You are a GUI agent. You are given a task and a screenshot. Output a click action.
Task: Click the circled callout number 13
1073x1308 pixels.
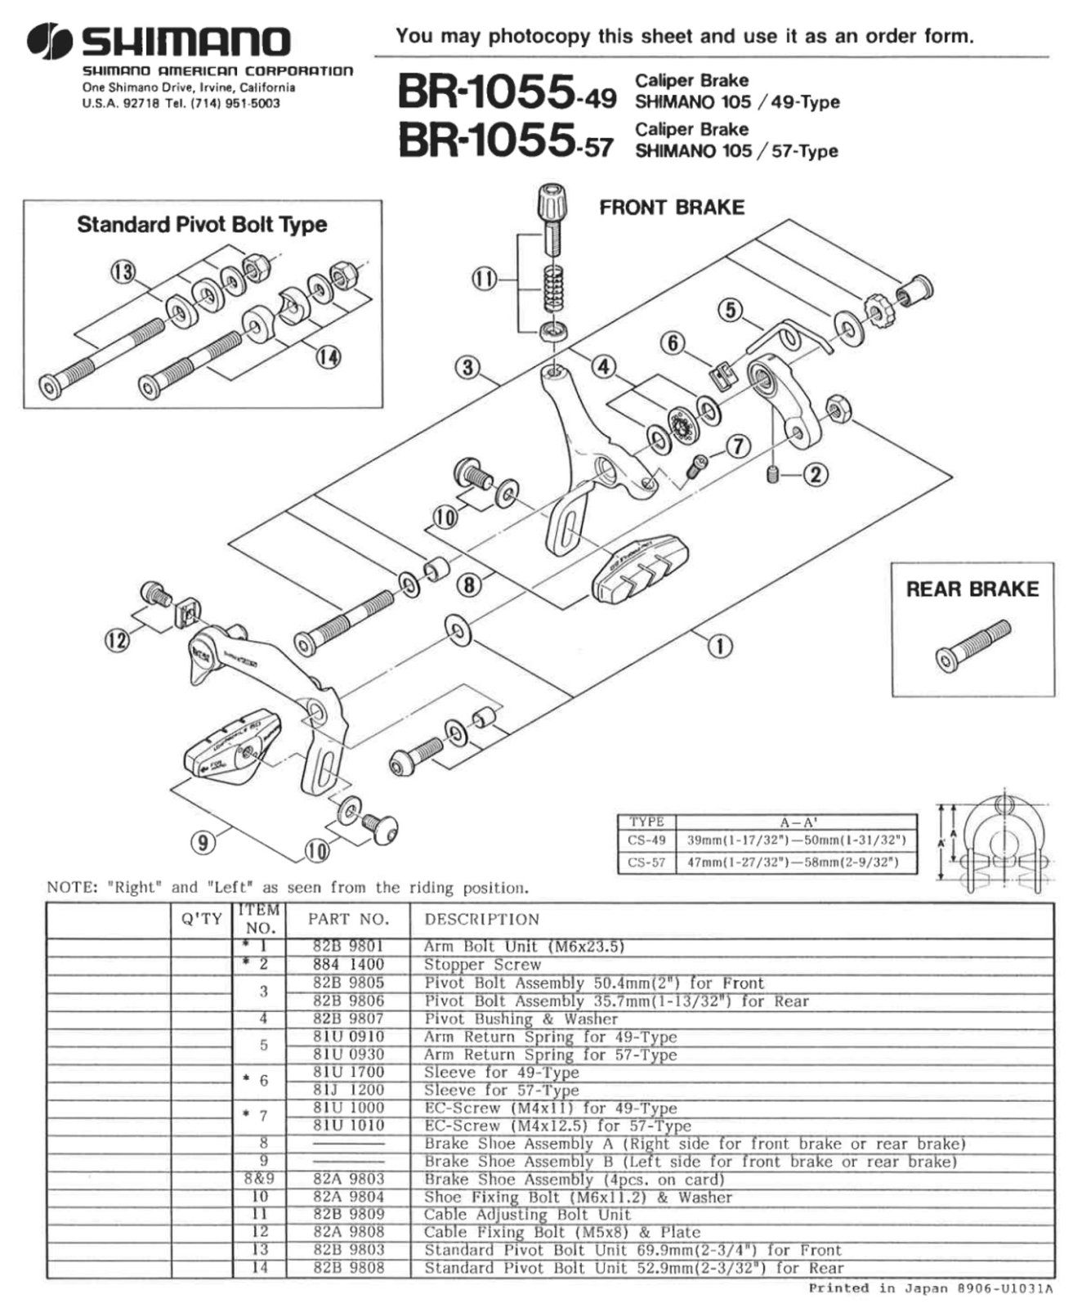click(123, 272)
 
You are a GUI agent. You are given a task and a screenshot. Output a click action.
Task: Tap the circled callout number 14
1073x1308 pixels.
click(329, 357)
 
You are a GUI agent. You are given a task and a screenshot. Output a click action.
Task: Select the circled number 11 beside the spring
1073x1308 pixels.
click(485, 280)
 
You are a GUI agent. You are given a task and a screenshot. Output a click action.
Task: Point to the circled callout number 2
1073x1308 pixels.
click(816, 474)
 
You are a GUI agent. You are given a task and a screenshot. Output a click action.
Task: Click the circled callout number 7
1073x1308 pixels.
click(738, 446)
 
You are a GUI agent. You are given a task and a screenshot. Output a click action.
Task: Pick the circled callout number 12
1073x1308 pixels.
click(118, 639)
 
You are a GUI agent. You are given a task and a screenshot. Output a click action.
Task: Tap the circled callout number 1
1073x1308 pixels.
click(719, 647)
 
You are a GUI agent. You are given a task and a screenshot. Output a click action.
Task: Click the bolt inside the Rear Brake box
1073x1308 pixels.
click(972, 645)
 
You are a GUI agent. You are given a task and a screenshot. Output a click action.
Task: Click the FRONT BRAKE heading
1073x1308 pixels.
click(672, 208)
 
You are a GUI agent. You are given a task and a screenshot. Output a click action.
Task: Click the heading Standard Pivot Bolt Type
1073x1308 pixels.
click(202, 225)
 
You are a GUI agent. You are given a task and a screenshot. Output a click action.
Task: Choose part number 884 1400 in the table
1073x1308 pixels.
click(348, 965)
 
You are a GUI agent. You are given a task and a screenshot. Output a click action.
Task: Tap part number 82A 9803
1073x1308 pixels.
click(348, 1179)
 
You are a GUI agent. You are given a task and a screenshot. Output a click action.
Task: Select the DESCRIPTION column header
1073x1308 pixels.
click(482, 919)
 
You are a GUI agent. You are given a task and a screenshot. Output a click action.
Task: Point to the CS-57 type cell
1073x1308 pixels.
click(647, 862)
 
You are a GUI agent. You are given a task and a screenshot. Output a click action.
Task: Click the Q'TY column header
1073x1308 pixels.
click(202, 919)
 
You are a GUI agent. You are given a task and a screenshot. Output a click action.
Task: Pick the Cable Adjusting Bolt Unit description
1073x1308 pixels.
click(527, 1215)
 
